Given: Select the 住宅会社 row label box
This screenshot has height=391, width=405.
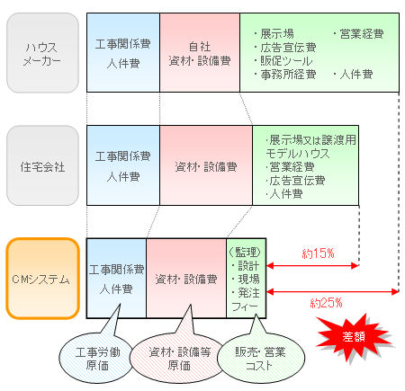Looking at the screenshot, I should pos(42,167).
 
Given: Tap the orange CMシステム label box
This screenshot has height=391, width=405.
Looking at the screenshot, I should pos(42,279).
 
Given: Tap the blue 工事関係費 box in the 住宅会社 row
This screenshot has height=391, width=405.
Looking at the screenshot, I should pos(122,166).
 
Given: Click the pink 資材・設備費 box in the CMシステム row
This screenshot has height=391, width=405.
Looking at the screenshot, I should pos(185,279).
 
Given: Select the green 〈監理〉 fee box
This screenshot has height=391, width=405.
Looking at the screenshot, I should pos(245,279).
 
